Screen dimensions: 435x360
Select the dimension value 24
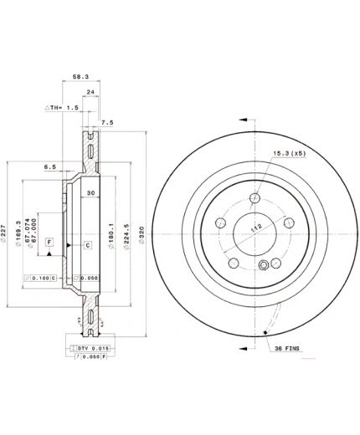[x=90, y=92]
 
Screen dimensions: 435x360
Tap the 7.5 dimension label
[x=107, y=122]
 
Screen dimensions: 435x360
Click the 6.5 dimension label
[x=50, y=167]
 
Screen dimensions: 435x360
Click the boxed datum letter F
[x=49, y=243]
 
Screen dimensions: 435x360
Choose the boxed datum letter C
[x=86, y=244]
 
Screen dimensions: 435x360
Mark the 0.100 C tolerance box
[x=42, y=278]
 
